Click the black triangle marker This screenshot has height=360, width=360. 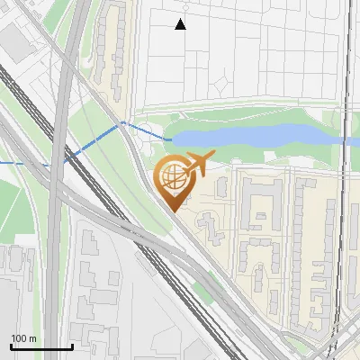(x=181, y=24)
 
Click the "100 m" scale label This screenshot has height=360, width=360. (x=23, y=338)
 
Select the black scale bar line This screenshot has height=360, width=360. (x=41, y=347)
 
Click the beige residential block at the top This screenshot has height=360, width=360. (x=117, y=45)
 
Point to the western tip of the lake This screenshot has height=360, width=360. (x=171, y=138)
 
